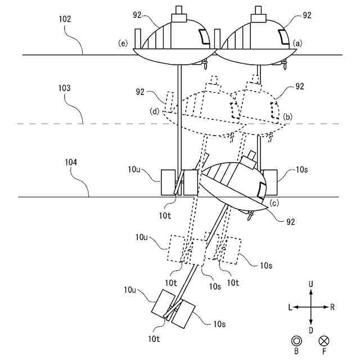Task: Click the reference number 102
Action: pos(65,19)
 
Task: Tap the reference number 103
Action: pos(64,88)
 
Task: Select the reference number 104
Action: pos(71,163)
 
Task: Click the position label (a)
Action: pos(298,43)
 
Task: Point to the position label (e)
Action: pos(123,43)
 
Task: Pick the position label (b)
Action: pos(287,117)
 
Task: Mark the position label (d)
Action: pos(155,111)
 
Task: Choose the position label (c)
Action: pos(274,203)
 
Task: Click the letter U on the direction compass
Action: pos(310,285)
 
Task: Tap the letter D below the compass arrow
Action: pos(310,330)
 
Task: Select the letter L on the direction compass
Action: pos(290,307)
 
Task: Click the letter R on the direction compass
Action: pos(332,307)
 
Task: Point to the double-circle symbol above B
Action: pos(296,341)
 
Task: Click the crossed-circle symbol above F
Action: pos(324,341)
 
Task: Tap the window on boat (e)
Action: pos(204,37)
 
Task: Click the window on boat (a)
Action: pos(283,37)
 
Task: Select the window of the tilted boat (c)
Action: pos(261,190)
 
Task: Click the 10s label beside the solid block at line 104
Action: pos(301,170)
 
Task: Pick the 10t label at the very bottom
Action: pos(154,339)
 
